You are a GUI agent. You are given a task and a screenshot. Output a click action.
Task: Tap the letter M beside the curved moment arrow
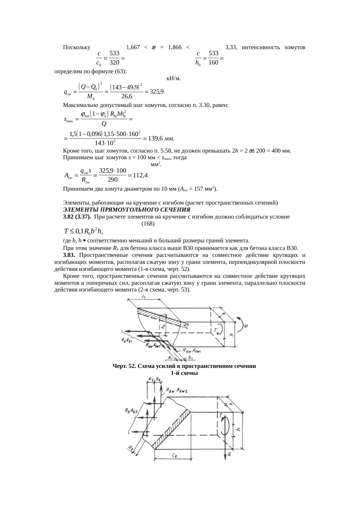[x=246, y=326]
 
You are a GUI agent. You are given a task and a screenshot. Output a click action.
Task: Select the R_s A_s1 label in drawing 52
[x=127, y=340]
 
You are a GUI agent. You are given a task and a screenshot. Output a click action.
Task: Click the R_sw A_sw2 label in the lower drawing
[x=176, y=390]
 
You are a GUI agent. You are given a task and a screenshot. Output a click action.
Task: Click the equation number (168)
[x=148, y=224]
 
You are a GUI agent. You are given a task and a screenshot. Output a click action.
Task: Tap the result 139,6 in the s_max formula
[x=155, y=139]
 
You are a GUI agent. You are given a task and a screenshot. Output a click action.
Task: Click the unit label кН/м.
[x=174, y=78]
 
